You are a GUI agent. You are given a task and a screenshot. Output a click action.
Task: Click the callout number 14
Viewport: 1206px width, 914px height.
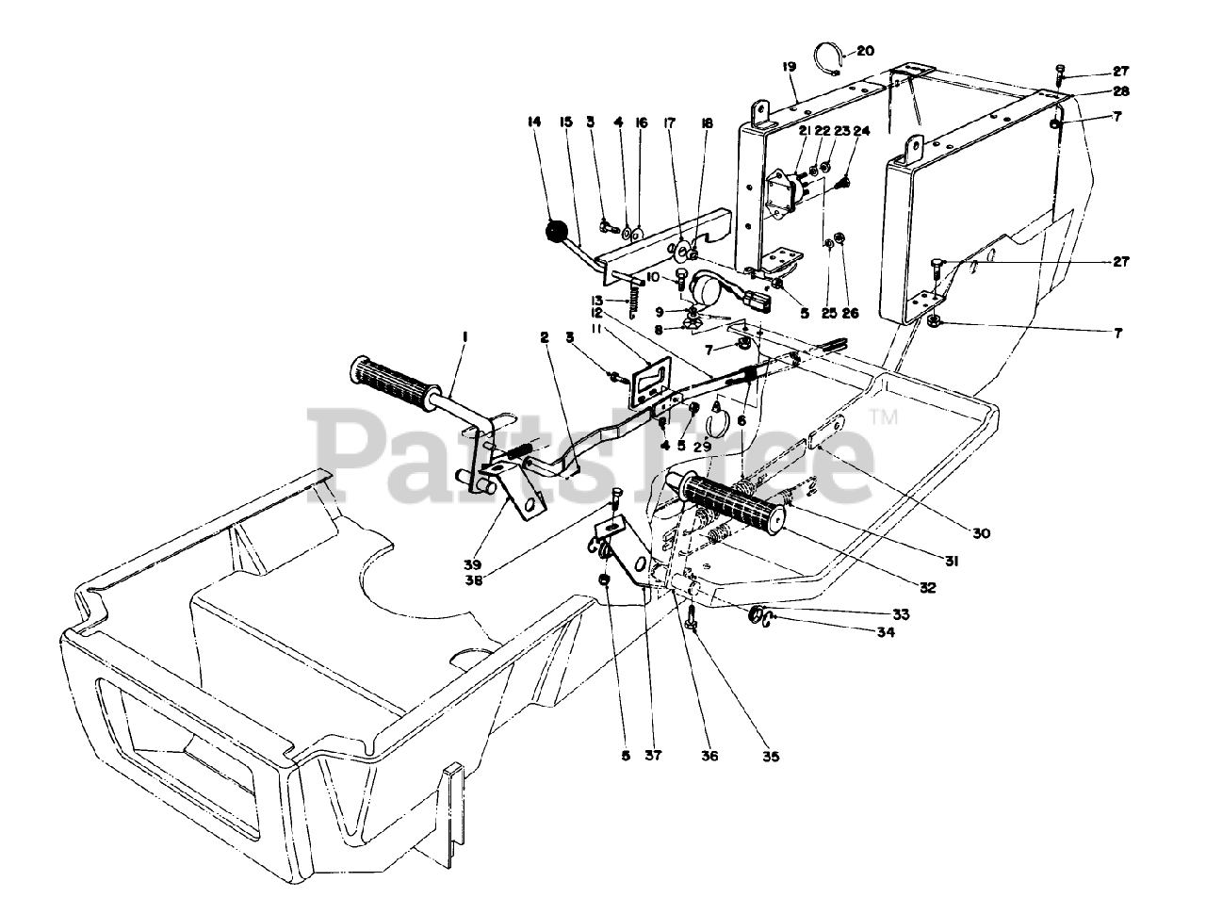(x=535, y=122)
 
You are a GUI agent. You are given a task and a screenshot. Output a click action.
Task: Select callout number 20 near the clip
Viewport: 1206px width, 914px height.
(x=866, y=50)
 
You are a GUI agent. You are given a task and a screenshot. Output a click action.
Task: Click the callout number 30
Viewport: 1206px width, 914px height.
(x=982, y=533)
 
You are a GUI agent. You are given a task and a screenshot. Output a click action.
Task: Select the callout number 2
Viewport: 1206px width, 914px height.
(x=545, y=336)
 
